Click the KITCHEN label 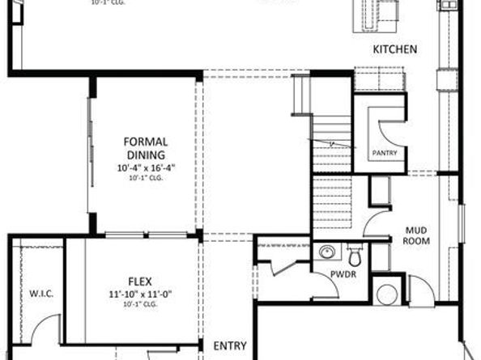tap(394, 50)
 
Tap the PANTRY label tap(385, 152)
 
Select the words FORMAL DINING tap(146, 147)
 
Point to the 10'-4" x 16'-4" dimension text tap(146, 168)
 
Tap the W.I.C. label tap(40, 293)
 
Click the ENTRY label tap(230, 346)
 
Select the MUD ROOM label tap(418, 235)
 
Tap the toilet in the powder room tap(354, 256)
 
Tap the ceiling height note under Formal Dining tap(146, 179)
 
